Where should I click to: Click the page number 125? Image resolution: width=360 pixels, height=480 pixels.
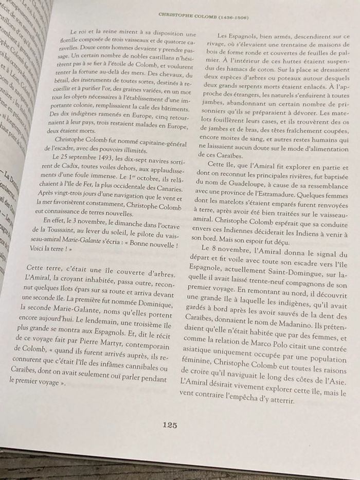tap(170, 424)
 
